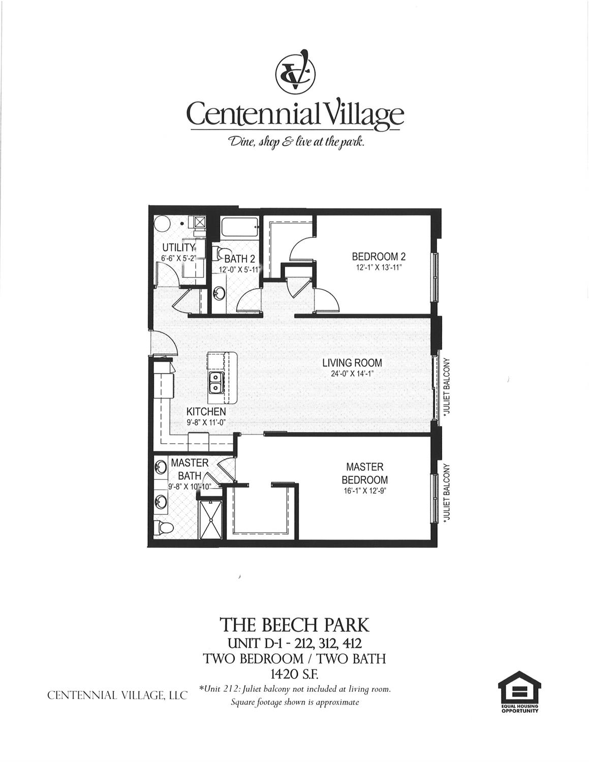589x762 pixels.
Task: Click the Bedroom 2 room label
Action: click(378, 257)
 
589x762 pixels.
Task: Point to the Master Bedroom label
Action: click(364, 473)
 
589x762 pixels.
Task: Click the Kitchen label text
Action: click(205, 411)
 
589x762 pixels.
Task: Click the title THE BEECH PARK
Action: click(294, 624)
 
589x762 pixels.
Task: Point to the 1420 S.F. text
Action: click(294, 674)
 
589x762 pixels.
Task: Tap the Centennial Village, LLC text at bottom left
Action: click(117, 695)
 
